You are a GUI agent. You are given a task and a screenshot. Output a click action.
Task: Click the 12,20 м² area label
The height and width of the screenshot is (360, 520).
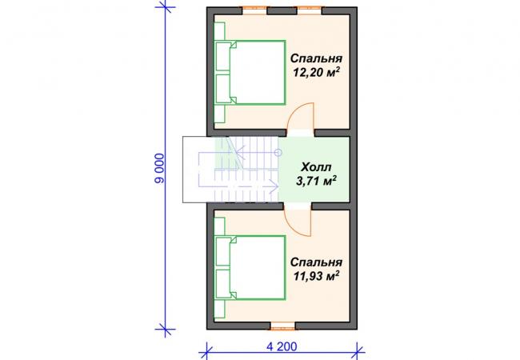[316, 72]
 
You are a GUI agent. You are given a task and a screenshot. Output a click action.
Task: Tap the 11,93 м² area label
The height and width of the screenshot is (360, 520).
[316, 275]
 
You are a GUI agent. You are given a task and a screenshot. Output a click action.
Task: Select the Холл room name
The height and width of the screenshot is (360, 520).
[316, 166]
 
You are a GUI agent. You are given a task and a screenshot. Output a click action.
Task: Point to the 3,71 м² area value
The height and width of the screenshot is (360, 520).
[316, 181]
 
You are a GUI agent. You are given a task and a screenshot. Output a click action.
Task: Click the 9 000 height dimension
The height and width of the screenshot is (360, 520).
[159, 168]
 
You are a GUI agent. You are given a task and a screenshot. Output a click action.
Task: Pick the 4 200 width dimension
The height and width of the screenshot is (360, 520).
[282, 346]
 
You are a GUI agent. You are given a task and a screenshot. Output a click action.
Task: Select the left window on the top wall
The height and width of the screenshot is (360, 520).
[254, 10]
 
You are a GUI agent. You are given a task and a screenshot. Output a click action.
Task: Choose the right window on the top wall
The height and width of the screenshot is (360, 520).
[309, 10]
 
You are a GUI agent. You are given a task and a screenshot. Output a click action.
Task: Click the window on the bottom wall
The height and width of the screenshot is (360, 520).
[282, 326]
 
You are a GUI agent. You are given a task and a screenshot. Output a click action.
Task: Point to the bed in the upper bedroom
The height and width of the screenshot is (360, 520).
[250, 73]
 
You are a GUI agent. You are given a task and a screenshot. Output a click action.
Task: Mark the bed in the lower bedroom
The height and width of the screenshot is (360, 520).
[250, 268]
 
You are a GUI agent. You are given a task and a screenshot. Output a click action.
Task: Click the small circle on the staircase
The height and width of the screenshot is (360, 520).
[278, 153]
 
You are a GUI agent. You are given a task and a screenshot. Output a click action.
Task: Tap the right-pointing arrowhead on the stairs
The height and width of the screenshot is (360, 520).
[274, 186]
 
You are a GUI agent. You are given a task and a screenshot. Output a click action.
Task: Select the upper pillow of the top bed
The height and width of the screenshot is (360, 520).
[224, 56]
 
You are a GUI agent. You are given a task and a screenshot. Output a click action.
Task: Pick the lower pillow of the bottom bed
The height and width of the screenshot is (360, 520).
[224, 284]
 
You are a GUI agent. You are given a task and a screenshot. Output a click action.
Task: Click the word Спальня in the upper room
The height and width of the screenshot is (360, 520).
[316, 58]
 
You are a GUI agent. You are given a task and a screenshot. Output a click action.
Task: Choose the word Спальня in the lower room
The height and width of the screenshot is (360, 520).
[316, 262]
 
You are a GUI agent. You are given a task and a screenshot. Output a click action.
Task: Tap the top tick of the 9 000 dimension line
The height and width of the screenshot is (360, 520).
[165, 7]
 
